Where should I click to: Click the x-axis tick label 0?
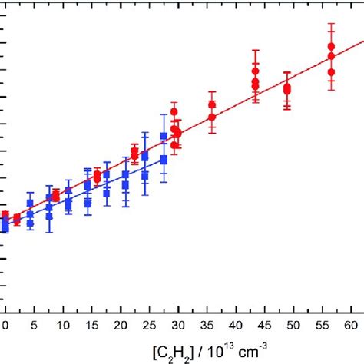coord(5,326)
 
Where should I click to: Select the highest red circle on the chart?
coord(331,47)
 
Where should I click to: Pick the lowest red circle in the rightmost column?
coord(331,72)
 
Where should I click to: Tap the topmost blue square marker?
coord(164,136)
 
